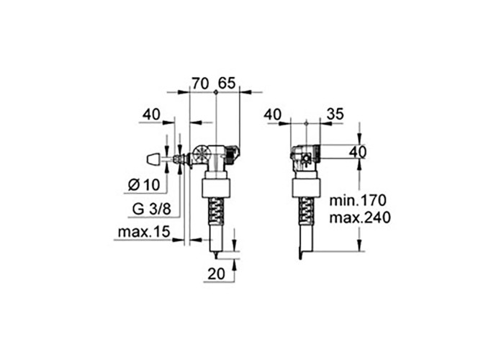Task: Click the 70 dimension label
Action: pos(201,83)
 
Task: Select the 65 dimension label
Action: pos(227,83)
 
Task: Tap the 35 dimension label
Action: pos(336,114)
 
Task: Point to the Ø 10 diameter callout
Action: pos(144,185)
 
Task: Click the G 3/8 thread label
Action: pos(151,210)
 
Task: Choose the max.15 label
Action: pos(144,232)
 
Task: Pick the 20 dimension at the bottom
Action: pos(216,274)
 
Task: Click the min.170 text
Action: pos(357,201)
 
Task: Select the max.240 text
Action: pos(360,217)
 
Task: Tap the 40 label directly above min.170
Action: pos(358,152)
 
